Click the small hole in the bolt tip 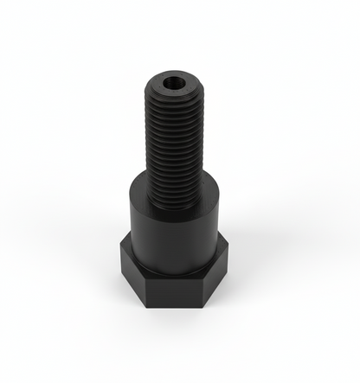(x=176, y=83)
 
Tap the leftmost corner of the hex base (x=120, y=252)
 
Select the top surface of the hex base (x=130, y=245)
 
